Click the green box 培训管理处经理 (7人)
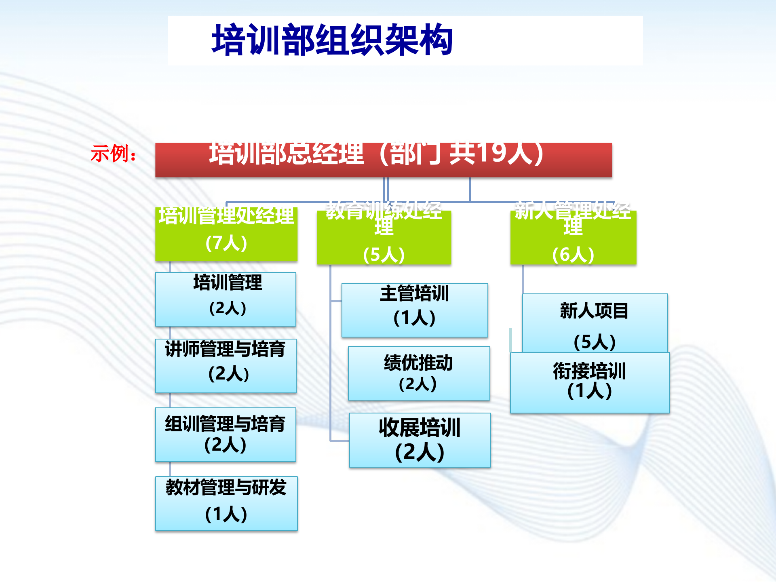226,234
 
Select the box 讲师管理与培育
226,366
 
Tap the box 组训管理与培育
226,434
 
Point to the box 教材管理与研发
226,503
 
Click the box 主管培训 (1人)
415,310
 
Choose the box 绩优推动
419,373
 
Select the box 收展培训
420,440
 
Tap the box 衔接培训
590,382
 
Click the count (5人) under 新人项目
595,342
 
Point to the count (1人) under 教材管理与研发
226,514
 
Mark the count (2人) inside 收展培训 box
420,452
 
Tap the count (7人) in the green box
226,243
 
